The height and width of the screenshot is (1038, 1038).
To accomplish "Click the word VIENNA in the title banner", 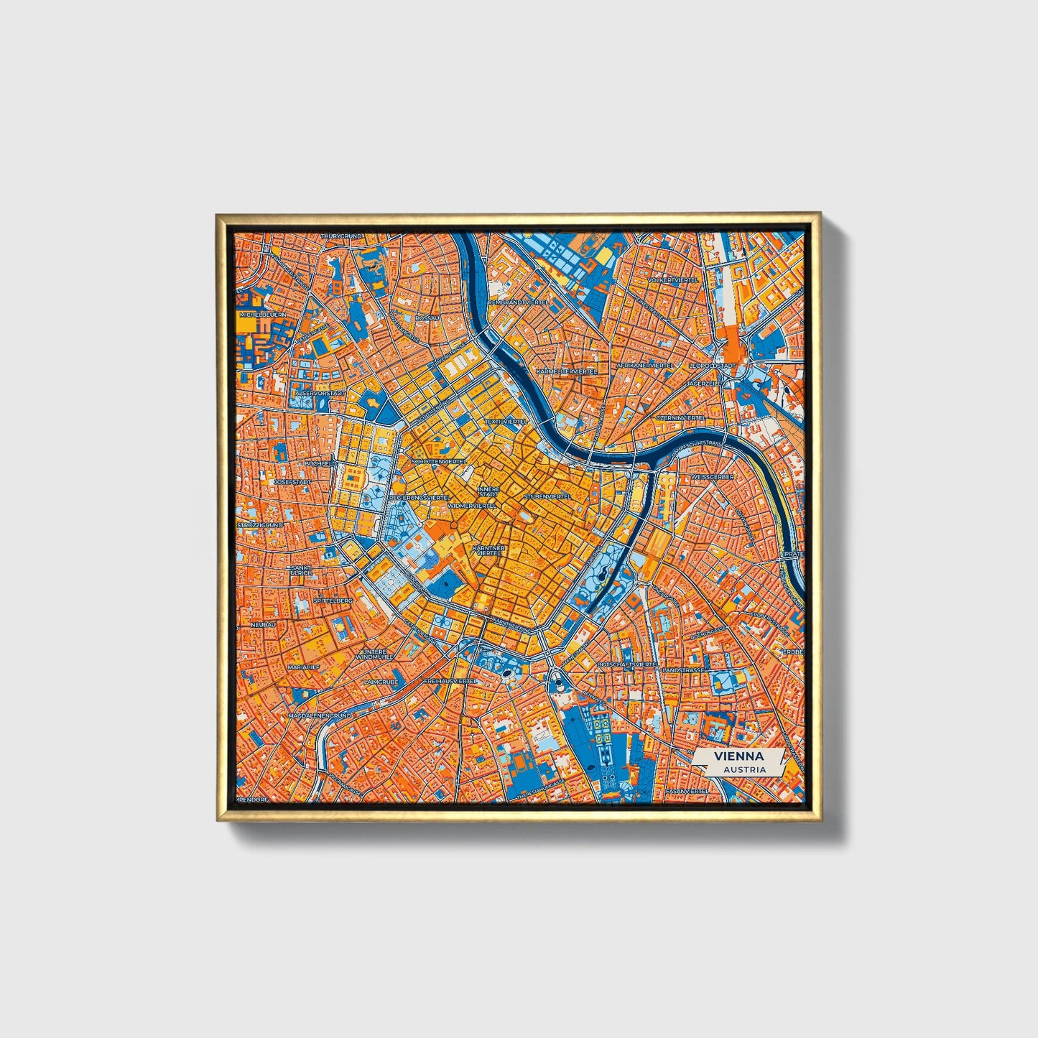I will [738, 756].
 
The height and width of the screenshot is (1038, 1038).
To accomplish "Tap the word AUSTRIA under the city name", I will [744, 769].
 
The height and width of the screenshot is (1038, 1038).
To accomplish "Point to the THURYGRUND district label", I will [343, 236].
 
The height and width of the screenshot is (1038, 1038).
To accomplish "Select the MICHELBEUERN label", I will [263, 315].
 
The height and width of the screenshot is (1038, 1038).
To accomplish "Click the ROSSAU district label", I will [426, 317].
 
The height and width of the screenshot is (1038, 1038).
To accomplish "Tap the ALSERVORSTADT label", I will [320, 394].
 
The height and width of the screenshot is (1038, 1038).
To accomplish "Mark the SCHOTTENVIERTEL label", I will [438, 461].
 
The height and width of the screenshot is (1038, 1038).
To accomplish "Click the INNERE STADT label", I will [488, 491].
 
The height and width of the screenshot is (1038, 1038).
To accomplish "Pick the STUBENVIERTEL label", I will [547, 496].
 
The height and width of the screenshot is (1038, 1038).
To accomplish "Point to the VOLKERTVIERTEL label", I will [673, 279].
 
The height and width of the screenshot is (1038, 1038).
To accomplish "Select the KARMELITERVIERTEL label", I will [567, 371].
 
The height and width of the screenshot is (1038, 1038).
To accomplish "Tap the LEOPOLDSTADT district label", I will [711, 366].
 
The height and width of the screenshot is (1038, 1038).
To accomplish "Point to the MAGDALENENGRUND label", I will [319, 716].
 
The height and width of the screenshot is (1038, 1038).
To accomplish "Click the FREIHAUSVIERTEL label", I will [450, 680].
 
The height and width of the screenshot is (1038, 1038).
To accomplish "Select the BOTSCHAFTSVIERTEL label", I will [627, 665].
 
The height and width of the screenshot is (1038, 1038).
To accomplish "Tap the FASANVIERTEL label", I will [687, 791].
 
